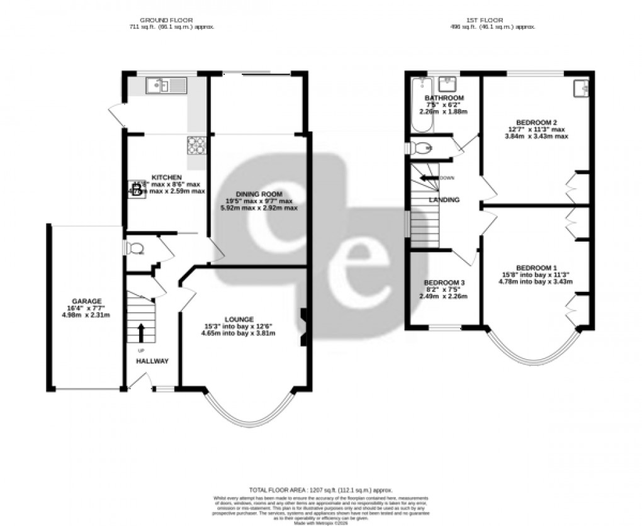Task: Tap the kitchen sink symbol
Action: (x=167, y=85)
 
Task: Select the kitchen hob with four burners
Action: (x=196, y=145)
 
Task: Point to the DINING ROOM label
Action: (x=259, y=194)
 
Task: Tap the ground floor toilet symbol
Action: (x=134, y=249)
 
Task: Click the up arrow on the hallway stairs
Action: (x=140, y=332)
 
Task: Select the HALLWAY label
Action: (x=152, y=361)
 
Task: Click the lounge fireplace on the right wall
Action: (x=303, y=327)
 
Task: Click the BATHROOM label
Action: (x=444, y=98)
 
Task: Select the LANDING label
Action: (x=444, y=200)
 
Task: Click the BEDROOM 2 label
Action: (x=536, y=122)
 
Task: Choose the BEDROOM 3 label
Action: (x=444, y=283)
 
